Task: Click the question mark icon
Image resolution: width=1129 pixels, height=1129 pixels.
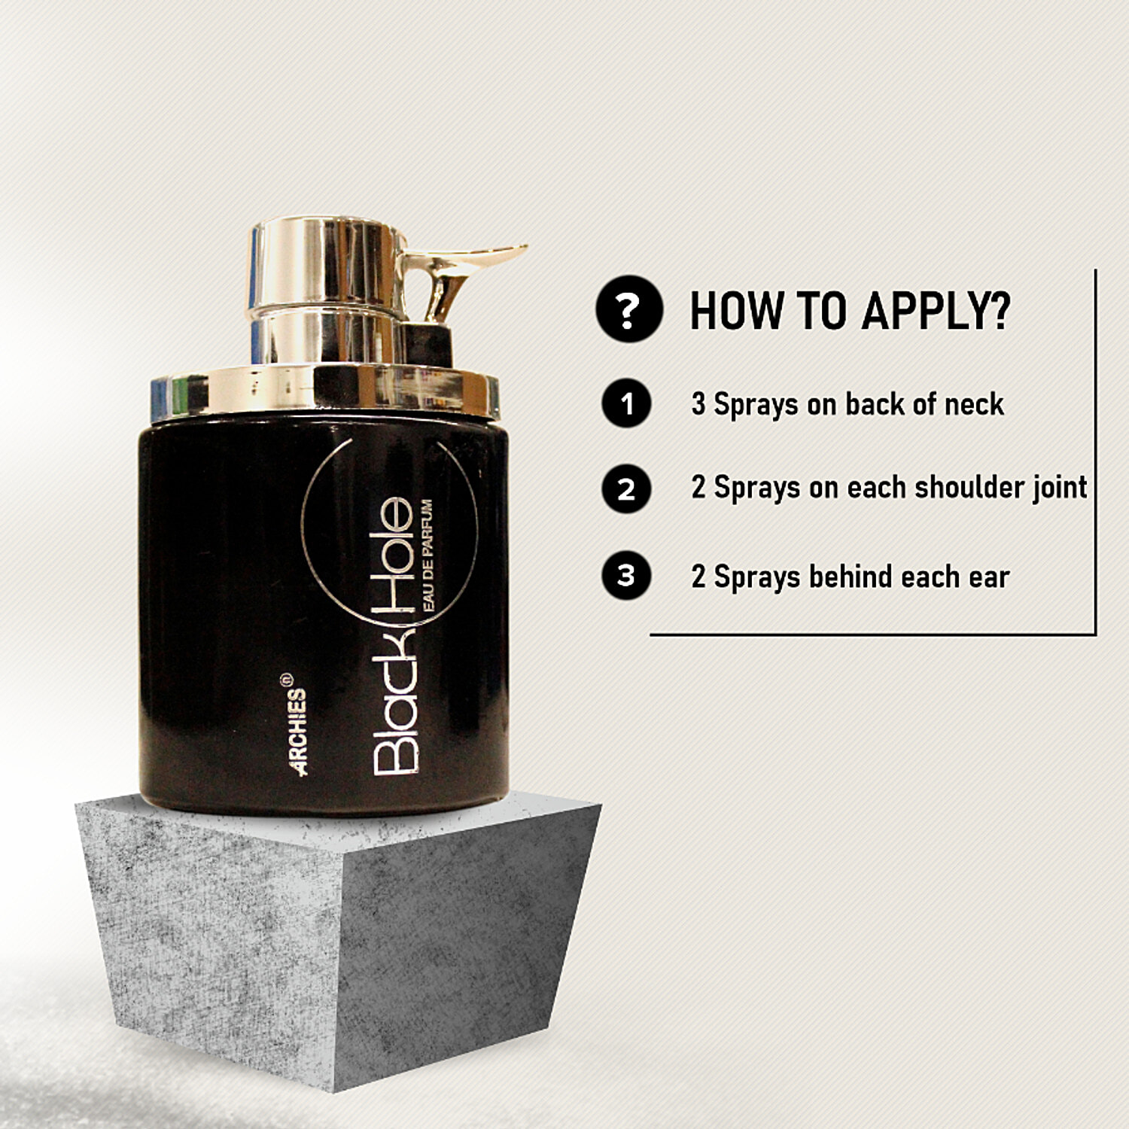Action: [x=628, y=309]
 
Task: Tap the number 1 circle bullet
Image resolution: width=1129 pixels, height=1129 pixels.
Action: [x=626, y=404]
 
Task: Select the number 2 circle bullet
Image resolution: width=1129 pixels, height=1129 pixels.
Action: [x=626, y=489]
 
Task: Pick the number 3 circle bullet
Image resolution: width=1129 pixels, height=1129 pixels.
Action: [x=626, y=576]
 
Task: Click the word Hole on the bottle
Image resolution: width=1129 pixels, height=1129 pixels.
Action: [x=394, y=558]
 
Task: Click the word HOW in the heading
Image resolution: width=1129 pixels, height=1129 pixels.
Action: [x=735, y=310]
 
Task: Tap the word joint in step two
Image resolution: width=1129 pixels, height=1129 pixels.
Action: [x=1060, y=488]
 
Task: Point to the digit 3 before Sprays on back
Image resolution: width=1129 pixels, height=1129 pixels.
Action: [x=698, y=404]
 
